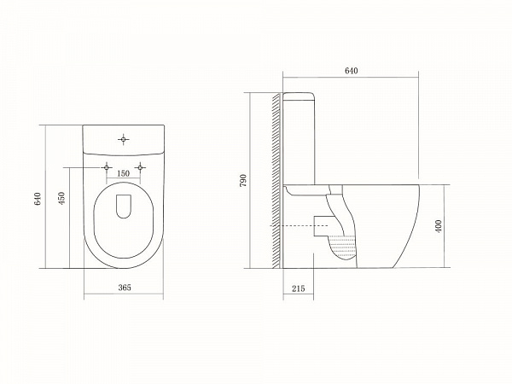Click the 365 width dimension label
(x=125, y=288)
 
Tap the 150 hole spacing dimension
(x=123, y=173)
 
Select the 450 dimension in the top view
(x=61, y=198)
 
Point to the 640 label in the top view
(x=38, y=199)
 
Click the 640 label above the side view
(x=352, y=71)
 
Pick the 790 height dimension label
(x=243, y=181)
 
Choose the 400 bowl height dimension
(x=439, y=226)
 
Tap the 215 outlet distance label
(x=298, y=288)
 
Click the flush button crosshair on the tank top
(x=124, y=140)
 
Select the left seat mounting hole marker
(x=107, y=167)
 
